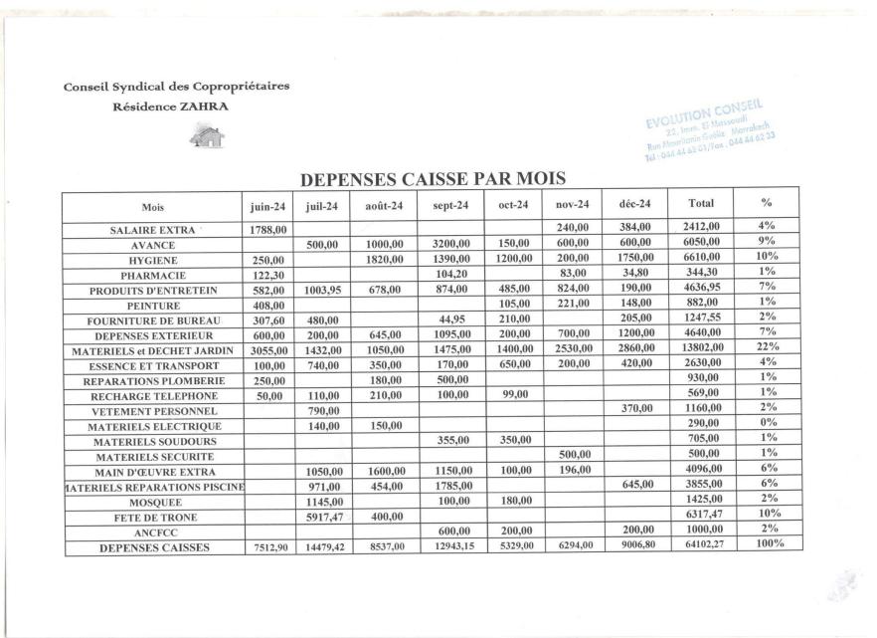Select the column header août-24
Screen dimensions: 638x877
coord(384,206)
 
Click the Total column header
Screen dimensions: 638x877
coord(700,205)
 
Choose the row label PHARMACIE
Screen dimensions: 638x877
coord(153,274)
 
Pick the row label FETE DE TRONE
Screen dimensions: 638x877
coord(153,517)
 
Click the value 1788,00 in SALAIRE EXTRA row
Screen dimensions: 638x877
coord(266,229)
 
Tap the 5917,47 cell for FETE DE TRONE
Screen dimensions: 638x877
coord(322,517)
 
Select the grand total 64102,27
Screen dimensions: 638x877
coord(700,546)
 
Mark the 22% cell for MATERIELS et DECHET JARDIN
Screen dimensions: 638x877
coord(766,349)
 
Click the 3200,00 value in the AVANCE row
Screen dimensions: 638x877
coord(450,245)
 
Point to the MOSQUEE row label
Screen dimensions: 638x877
coord(153,502)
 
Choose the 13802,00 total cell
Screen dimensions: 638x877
coord(700,349)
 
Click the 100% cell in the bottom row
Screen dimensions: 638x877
coord(766,545)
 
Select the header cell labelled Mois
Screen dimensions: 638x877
coord(153,206)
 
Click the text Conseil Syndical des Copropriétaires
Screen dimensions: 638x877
coord(176,86)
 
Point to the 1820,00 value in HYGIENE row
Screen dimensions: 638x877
coord(384,259)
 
